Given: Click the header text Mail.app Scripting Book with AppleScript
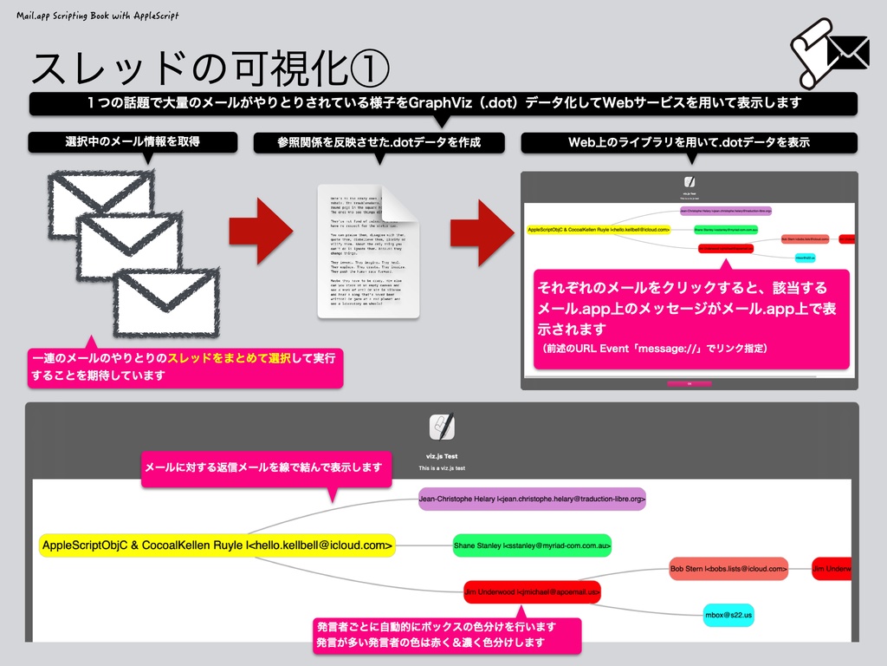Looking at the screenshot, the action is coord(98,16).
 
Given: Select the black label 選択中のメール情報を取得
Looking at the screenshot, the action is coord(133,142).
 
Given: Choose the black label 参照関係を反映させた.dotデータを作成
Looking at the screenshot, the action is coord(379,142).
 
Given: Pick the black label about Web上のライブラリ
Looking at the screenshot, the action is coord(689,142).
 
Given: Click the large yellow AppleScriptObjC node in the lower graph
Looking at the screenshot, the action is coord(217,545).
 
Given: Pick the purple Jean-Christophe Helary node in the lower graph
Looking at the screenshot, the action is coord(532,499).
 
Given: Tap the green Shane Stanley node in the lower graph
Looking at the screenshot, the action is coord(533,545).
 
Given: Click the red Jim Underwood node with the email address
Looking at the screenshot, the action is coord(532,591).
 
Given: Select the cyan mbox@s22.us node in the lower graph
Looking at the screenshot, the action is coord(728,615).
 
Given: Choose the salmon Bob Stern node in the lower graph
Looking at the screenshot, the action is coord(728,569).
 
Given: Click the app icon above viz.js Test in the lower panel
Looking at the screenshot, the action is coord(442,427).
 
